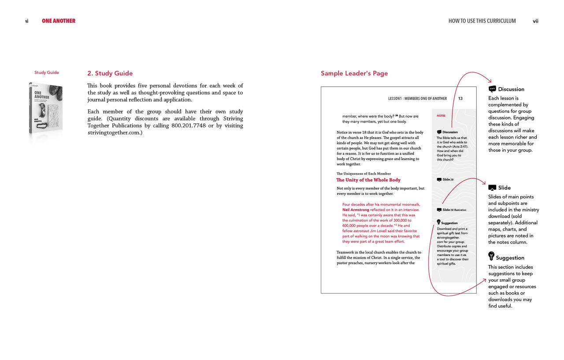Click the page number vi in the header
point(27,21)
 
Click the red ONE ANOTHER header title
point(59,21)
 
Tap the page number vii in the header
point(535,21)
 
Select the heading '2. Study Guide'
point(110,74)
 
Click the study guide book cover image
point(46,108)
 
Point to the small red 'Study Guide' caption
point(47,73)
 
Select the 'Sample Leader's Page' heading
point(354,74)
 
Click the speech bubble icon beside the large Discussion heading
point(493,89)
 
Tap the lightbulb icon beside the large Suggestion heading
point(491,256)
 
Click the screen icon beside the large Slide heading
point(492,188)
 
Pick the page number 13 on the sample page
point(460,99)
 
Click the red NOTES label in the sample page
point(441,116)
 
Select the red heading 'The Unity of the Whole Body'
point(368,180)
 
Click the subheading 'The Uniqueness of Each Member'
point(364,174)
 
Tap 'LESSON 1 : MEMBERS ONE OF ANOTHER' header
point(417,99)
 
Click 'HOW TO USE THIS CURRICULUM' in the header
point(482,21)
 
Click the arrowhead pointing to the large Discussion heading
point(489,81)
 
